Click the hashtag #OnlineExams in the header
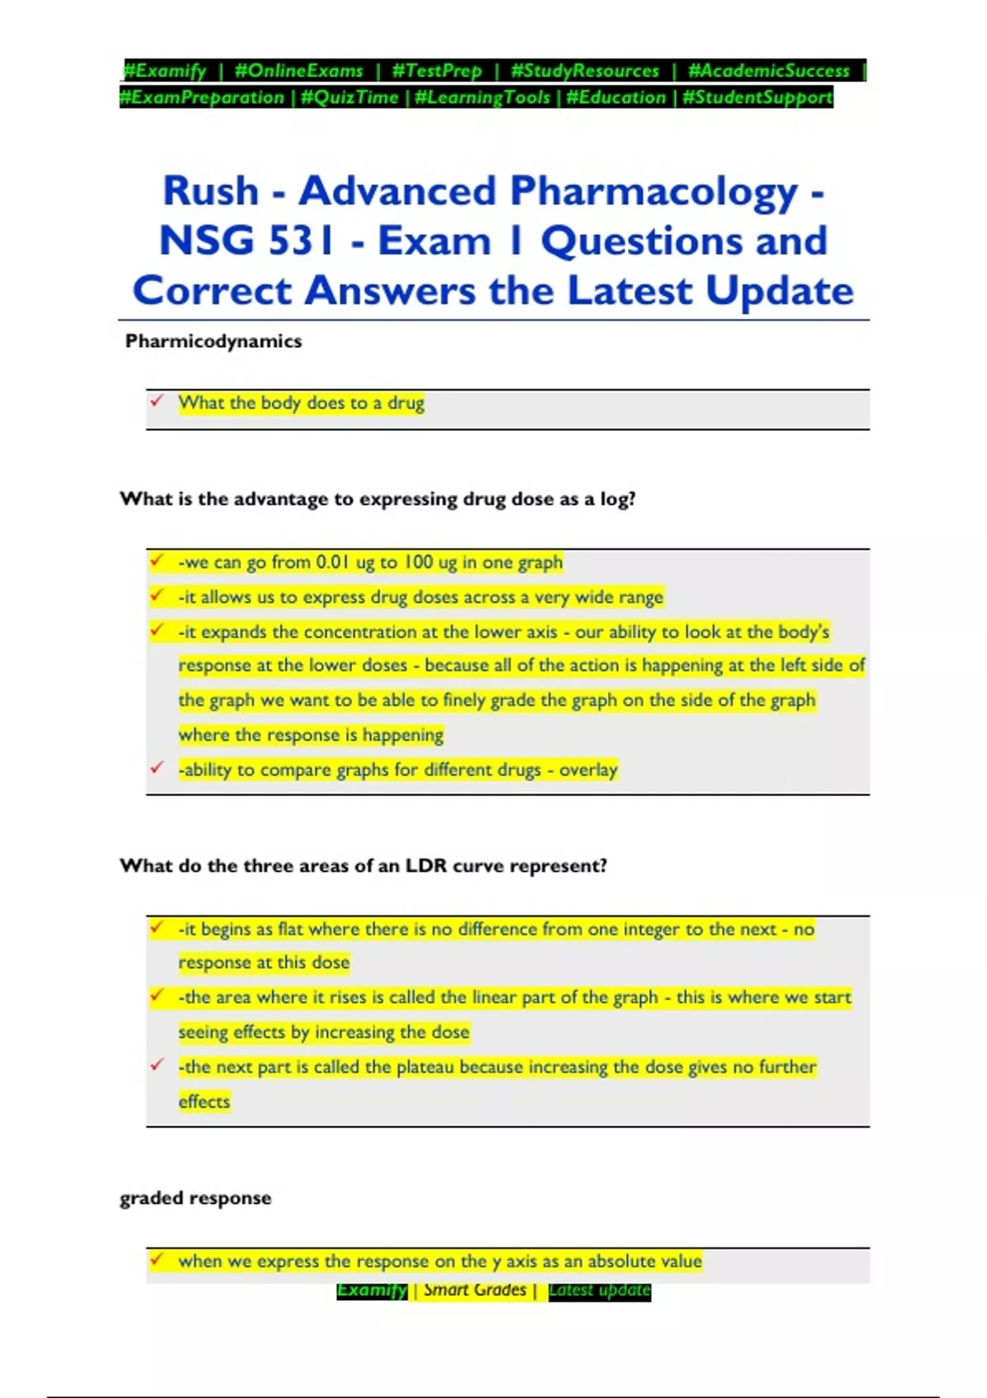(299, 71)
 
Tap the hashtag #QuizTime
(350, 98)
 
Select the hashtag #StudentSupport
(758, 98)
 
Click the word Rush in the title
(211, 191)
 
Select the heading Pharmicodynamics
(213, 341)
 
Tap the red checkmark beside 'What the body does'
(156, 401)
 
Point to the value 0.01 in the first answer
(332, 562)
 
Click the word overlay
(588, 770)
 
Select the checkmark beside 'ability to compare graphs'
(156, 768)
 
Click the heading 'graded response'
(195, 1198)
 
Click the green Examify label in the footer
(372, 1290)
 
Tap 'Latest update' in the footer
(599, 1290)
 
